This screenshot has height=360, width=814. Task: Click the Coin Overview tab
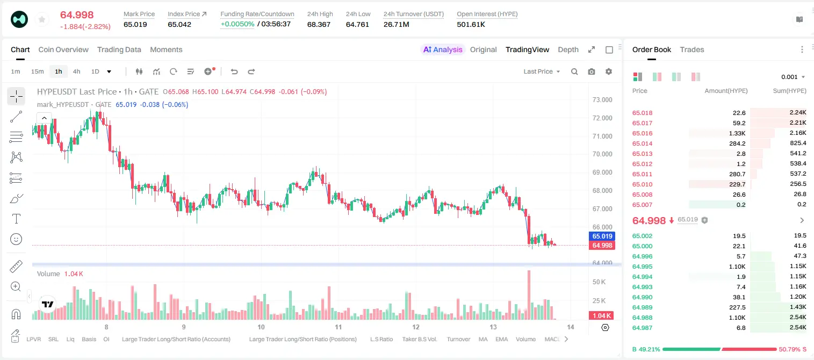63,49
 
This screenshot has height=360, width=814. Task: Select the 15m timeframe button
38,71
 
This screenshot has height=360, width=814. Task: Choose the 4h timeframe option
76,71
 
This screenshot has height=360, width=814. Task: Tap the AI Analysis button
443,49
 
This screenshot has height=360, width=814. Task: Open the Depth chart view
568,49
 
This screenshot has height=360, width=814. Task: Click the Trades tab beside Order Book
692,49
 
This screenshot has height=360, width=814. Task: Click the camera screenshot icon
592,71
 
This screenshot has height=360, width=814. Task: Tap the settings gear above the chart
609,71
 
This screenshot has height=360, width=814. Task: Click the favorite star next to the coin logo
42,19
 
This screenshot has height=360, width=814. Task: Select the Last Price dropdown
542,71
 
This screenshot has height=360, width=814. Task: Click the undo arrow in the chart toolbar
234,71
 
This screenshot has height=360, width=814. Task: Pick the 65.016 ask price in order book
642,133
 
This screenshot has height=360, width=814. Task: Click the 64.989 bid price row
642,307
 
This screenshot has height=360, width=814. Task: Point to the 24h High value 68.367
319,24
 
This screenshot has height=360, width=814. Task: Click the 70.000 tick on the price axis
602,154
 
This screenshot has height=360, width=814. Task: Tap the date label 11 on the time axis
338,327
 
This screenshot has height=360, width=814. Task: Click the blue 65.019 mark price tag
602,236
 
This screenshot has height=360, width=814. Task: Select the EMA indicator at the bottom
501,339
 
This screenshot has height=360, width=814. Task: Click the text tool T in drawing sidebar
16,219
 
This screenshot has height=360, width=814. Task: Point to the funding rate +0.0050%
237,24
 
